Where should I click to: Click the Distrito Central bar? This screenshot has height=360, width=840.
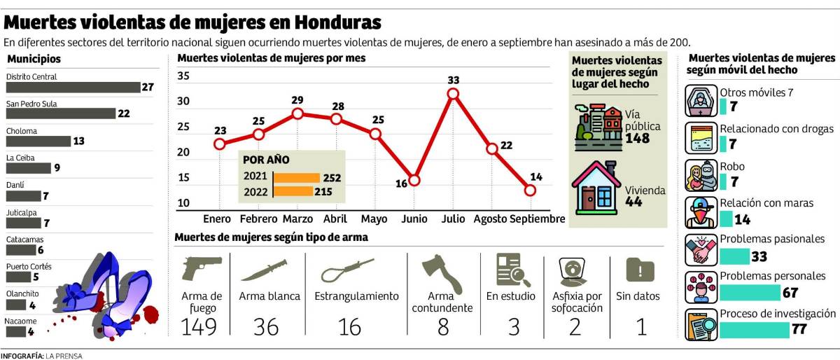click(x=73, y=88)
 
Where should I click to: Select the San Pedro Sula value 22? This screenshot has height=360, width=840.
click(x=124, y=114)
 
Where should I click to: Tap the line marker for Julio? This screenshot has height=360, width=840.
click(x=453, y=94)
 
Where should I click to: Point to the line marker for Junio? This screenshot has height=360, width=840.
click(x=414, y=180)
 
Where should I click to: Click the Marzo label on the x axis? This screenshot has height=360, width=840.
click(x=297, y=219)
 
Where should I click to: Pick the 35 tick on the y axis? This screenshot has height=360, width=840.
click(x=183, y=76)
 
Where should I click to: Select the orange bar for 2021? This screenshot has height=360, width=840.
click(x=296, y=178)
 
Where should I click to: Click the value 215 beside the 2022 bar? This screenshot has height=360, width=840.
click(x=323, y=191)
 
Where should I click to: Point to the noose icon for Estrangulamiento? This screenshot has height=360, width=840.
click(x=349, y=268)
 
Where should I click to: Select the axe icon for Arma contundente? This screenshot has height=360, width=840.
click(x=442, y=274)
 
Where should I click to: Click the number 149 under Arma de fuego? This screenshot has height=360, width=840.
click(x=199, y=326)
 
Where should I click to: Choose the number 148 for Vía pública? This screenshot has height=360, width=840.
click(x=637, y=139)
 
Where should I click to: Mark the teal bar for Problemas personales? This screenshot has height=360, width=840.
click(x=750, y=292)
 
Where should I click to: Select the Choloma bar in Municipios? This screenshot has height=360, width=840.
click(x=38, y=141)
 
